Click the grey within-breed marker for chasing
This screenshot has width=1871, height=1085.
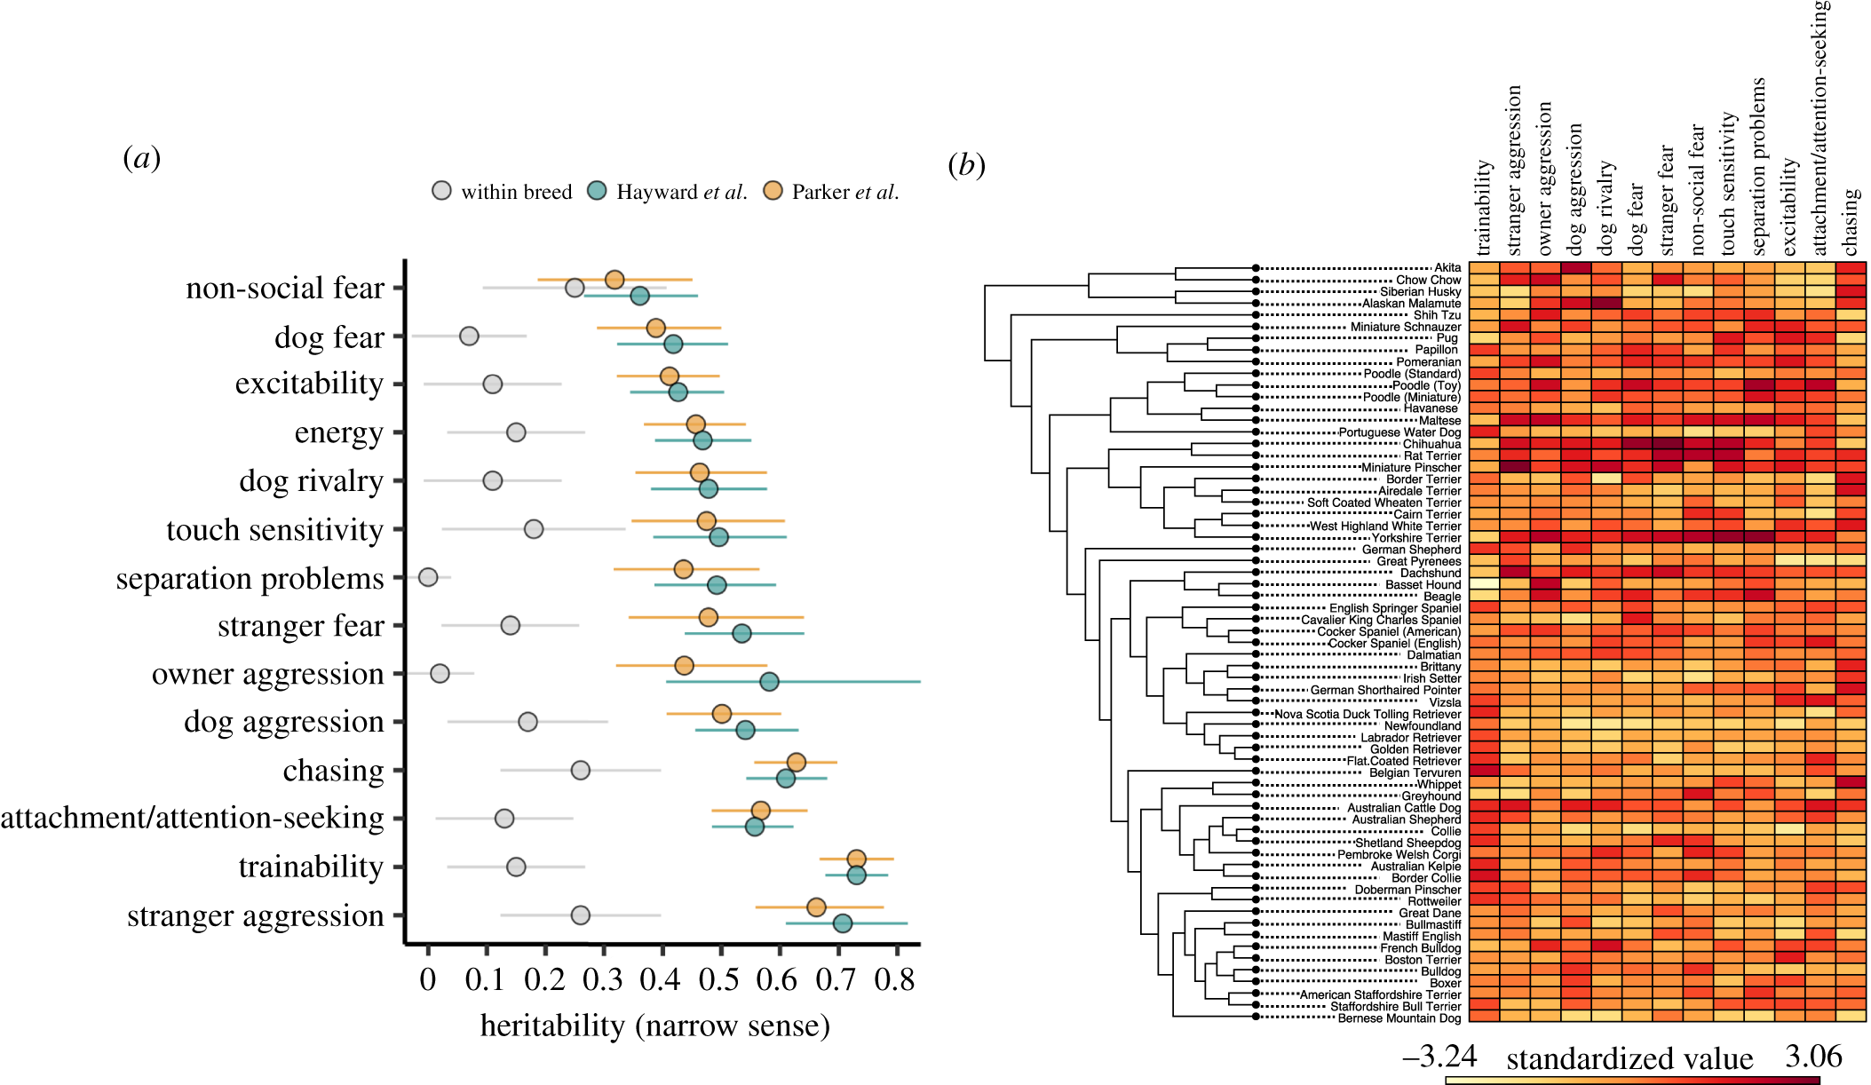coord(580,770)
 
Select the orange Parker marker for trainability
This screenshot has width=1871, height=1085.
coord(856,859)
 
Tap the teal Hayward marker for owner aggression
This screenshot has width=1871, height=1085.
coord(769,682)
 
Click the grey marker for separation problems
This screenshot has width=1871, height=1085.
coord(428,577)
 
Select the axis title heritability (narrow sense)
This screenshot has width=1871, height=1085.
coord(654,1026)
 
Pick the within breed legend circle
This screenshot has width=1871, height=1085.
coord(441,191)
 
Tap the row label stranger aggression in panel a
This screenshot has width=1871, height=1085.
coord(256,915)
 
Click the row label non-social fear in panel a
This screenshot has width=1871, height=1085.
coord(285,288)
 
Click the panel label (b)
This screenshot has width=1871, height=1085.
coord(966,165)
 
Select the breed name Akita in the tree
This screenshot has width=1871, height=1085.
coord(1447,267)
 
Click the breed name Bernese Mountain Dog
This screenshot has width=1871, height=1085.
coord(1399,1018)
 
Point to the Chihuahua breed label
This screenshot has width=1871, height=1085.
coord(1431,444)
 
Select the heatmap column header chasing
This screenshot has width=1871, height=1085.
coord(1851,220)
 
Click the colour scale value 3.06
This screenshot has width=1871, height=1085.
coord(1813,1056)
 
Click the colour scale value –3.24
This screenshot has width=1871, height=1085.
coord(1439,1056)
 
